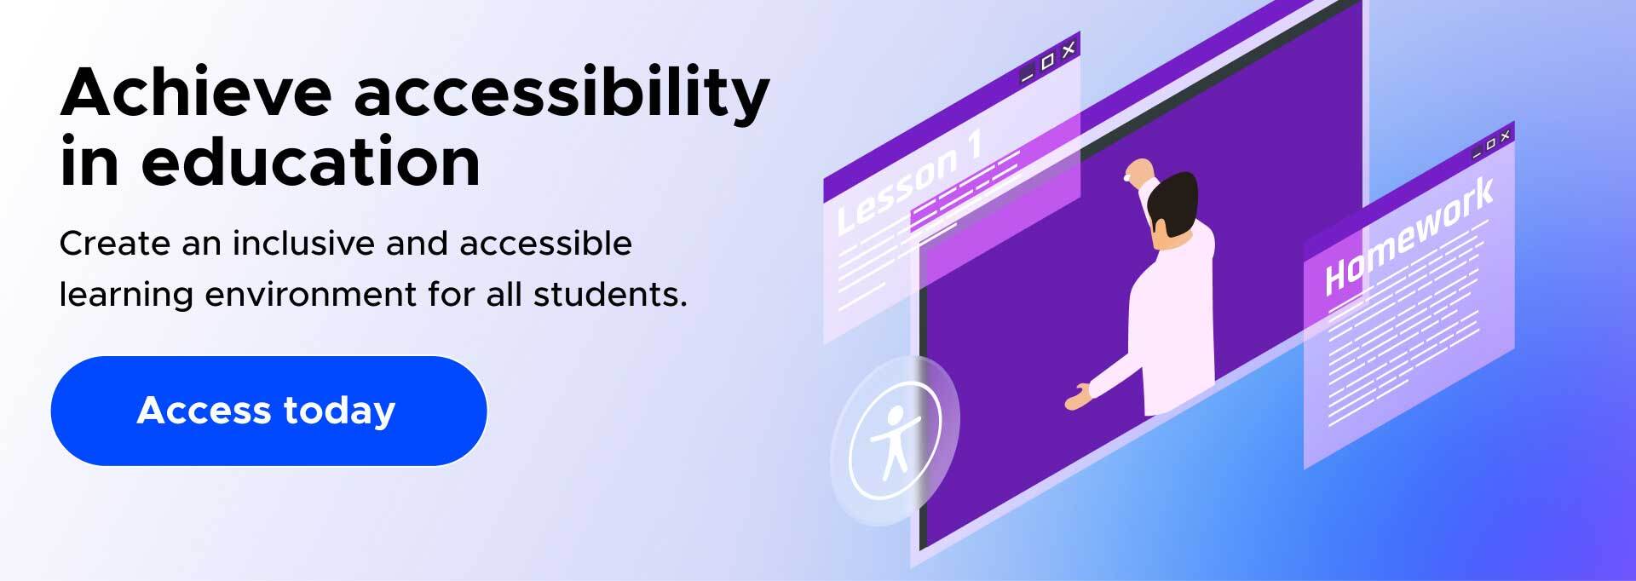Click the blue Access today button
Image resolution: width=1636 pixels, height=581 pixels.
pos(268,411)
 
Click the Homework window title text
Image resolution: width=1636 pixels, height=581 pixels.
pos(1408,236)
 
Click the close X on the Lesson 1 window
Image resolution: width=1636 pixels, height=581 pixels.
pos(1069,48)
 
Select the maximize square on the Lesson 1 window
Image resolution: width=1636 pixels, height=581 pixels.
pos(1048,60)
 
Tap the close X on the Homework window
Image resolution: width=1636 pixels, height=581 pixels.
pos(1506,135)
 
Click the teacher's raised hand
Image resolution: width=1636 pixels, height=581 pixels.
pos(1135,171)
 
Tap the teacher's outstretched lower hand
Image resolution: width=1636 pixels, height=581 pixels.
pos(1078,397)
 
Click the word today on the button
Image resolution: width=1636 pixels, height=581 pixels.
pos(339,411)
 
